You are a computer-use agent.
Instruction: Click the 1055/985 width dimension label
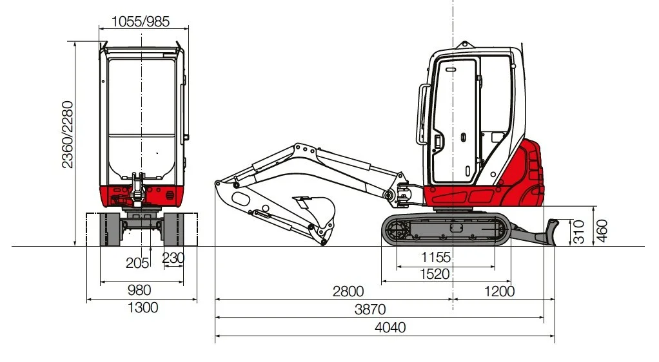(x=141, y=21)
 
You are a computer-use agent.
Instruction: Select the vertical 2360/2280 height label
(x=68, y=135)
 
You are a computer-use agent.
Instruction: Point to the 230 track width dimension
(x=173, y=258)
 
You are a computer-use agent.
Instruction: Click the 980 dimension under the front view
(x=141, y=290)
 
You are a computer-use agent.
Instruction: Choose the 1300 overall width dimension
(x=143, y=307)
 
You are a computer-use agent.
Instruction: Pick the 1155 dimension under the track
(x=436, y=257)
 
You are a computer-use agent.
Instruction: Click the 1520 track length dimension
(x=435, y=274)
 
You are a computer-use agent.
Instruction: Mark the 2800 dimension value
(x=348, y=291)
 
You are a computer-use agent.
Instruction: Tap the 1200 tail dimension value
(x=499, y=291)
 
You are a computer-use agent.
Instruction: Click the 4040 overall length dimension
(x=390, y=327)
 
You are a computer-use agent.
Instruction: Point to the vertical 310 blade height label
(x=578, y=231)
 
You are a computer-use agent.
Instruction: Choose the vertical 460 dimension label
(x=602, y=230)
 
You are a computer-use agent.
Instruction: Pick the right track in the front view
(x=174, y=230)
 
